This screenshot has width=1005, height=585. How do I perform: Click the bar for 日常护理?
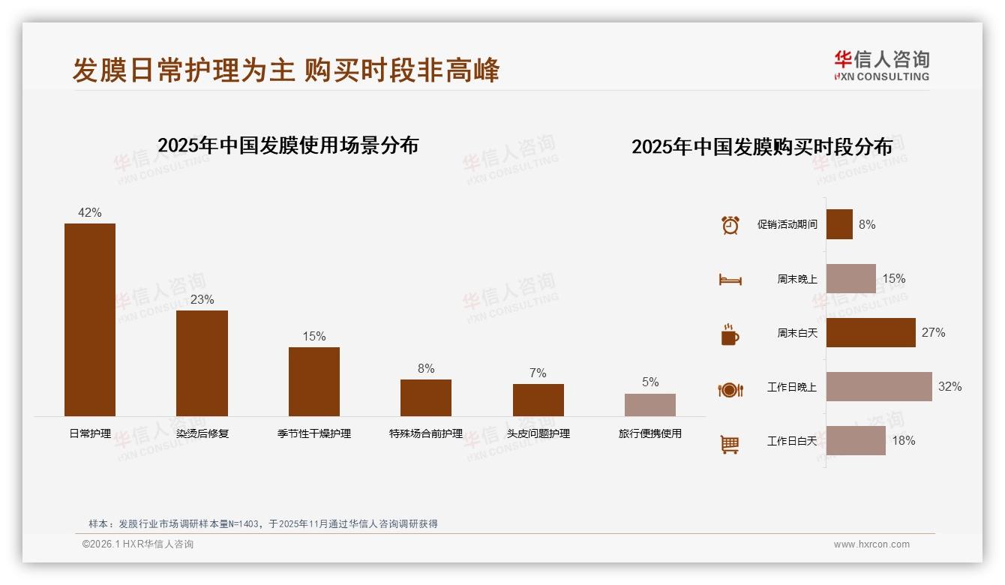pyautogui.click(x=90, y=319)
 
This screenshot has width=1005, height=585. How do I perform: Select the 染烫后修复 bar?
pyautogui.click(x=202, y=363)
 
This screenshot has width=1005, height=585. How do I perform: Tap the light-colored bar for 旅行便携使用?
pyautogui.click(x=650, y=405)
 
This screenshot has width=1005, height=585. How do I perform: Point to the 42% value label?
pyautogui.click(x=90, y=213)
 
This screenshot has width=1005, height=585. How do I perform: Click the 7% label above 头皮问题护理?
pyautogui.click(x=538, y=373)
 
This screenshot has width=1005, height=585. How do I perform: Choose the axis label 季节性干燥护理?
pyautogui.click(x=314, y=433)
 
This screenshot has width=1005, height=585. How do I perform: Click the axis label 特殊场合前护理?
pyautogui.click(x=426, y=433)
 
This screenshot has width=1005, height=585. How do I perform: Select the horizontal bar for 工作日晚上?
pyautogui.click(x=879, y=387)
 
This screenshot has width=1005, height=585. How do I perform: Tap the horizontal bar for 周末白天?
pyautogui.click(x=871, y=333)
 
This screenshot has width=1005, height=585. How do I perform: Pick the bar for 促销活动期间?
pyautogui.click(x=839, y=224)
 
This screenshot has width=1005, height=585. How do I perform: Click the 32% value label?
pyautogui.click(x=949, y=387)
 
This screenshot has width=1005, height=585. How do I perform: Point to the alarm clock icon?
pyautogui.click(x=730, y=225)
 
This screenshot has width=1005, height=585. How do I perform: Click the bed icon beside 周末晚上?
pyautogui.click(x=730, y=280)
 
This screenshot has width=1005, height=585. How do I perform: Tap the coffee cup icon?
pyautogui.click(x=730, y=334)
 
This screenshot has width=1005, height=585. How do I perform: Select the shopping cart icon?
pyautogui.click(x=730, y=444)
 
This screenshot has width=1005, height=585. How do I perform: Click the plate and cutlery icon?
pyautogui.click(x=730, y=389)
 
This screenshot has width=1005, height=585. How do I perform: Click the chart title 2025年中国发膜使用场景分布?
pyautogui.click(x=288, y=145)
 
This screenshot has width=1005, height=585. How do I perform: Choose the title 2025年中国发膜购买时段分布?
pyautogui.click(x=762, y=147)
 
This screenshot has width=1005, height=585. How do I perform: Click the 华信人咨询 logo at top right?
pyautogui.click(x=881, y=65)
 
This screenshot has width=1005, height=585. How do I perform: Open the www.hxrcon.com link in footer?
pyautogui.click(x=871, y=544)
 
